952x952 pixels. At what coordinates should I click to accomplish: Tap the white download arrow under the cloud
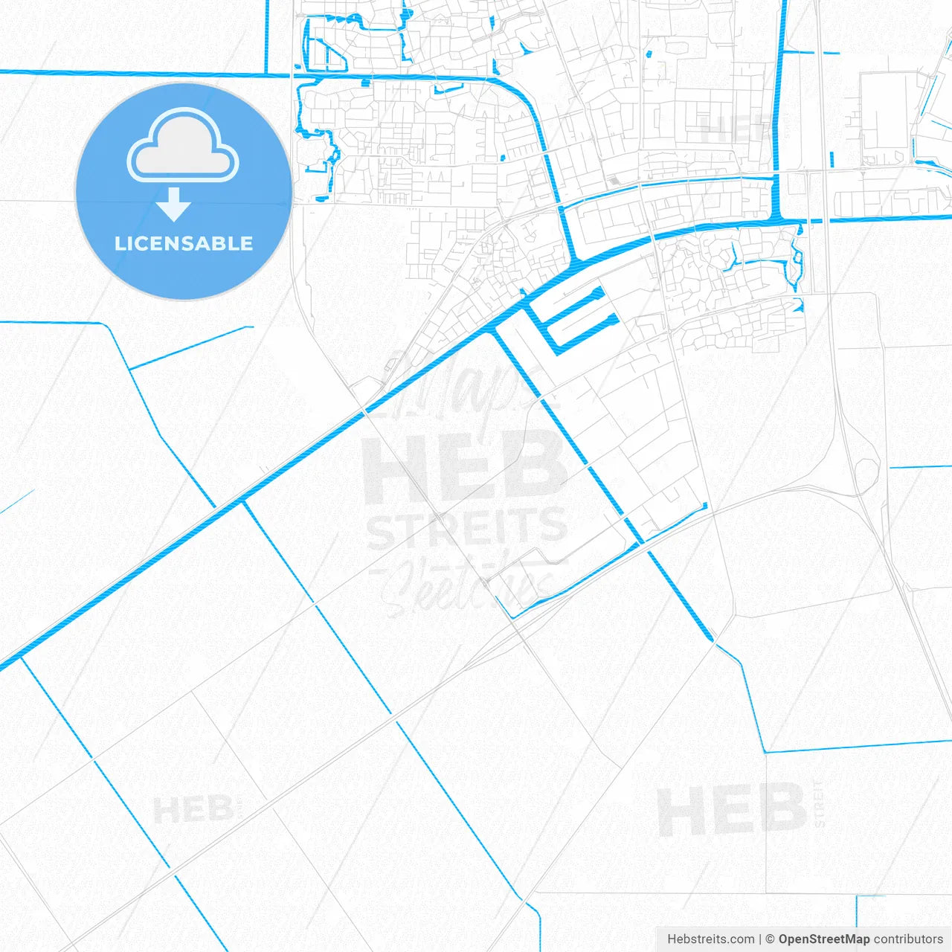pyautogui.click(x=174, y=204)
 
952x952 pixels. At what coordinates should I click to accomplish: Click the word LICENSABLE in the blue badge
pyautogui.click(x=184, y=243)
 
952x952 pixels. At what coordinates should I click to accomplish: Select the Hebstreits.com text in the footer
pyautogui.click(x=710, y=939)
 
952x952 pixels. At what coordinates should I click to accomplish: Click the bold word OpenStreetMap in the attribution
pyautogui.click(x=823, y=939)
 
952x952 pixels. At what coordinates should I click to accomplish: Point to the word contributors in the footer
pyautogui.click(x=908, y=939)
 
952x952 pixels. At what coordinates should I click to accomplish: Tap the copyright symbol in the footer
pyautogui.click(x=771, y=939)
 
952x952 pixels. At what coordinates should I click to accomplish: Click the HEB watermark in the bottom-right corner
pyautogui.click(x=730, y=810)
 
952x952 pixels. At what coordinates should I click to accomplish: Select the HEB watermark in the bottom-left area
pyautogui.click(x=193, y=809)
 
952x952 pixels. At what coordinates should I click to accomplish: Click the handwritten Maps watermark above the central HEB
pyautogui.click(x=461, y=387)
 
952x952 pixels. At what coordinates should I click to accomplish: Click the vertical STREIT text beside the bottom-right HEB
pyautogui.click(x=819, y=803)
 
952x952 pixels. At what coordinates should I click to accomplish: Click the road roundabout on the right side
pyautogui.click(x=866, y=471)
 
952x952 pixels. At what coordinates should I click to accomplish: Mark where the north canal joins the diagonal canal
pyautogui.click(x=573, y=263)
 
